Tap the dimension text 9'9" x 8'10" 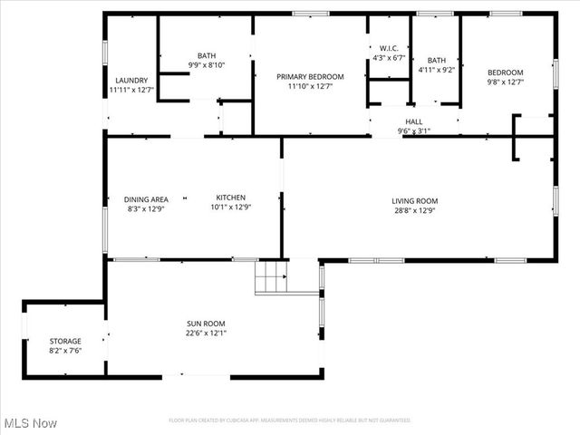tap(207, 64)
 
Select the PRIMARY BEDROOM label tap(310, 77)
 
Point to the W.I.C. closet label tap(389, 48)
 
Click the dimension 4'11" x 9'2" tap(437, 70)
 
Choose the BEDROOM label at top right tap(506, 72)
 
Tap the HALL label tap(414, 121)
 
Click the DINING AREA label tap(146, 198)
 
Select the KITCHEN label tap(230, 198)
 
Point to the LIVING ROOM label tap(414, 201)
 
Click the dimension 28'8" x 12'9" tap(414, 210)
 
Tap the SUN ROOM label tap(206, 324)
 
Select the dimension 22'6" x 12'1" tap(206, 333)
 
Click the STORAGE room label tap(65, 341)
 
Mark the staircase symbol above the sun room tap(271, 276)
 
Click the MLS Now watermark tap(31, 423)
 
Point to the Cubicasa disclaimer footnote tap(290, 420)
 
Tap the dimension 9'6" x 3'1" tap(414, 130)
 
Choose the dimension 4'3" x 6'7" tap(389, 57)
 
